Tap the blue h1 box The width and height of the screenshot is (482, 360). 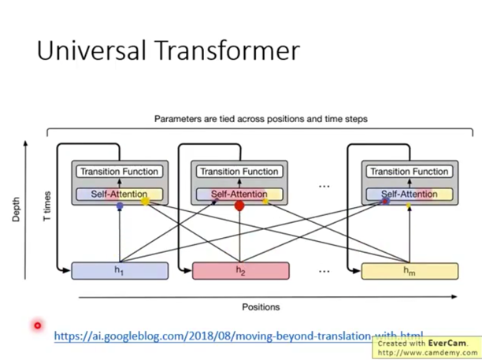[119, 271]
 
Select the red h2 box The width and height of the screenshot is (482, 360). [240, 271]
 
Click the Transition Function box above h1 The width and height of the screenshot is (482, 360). [119, 171]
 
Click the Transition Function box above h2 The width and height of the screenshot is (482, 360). [239, 171]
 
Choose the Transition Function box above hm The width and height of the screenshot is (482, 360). [408, 171]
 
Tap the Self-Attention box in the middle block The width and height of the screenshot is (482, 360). [239, 194]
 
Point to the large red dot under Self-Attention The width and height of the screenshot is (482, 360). [240, 206]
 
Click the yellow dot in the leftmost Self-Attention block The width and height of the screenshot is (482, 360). [145, 202]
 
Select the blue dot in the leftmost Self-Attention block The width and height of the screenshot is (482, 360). [120, 206]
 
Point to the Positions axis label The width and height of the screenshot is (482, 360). [260, 307]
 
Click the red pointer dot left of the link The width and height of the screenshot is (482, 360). [37, 325]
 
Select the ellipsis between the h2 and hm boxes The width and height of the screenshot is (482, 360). [324, 270]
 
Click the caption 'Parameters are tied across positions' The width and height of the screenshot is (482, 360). [260, 119]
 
